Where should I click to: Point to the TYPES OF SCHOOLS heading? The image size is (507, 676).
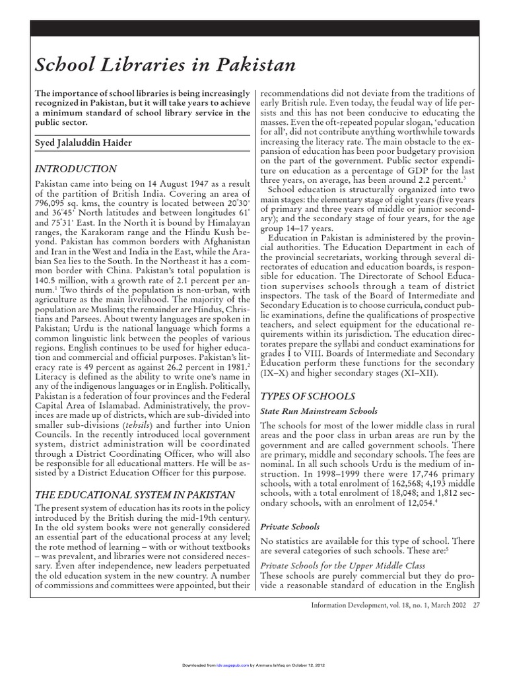tap(308, 396)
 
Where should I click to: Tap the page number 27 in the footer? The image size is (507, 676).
tap(476, 608)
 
